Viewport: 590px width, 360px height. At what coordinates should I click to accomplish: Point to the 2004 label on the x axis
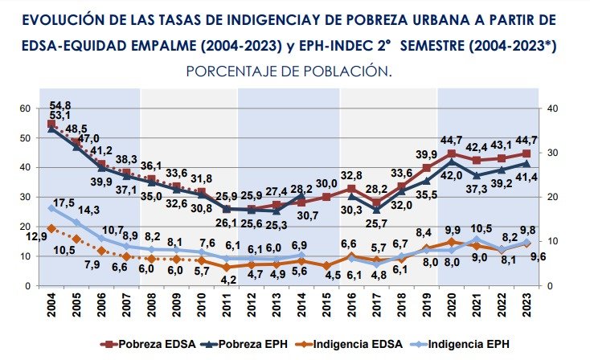coord(52,308)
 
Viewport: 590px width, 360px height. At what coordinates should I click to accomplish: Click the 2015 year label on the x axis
coord(326,308)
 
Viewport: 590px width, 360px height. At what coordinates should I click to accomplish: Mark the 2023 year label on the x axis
coord(526,308)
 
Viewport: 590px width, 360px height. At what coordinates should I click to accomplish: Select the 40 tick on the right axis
coord(552,108)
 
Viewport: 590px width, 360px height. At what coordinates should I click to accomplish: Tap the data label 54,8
coord(60,105)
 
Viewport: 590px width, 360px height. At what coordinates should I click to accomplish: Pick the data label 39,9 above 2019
coord(427,154)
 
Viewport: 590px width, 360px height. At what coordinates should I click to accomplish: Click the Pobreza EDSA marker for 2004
coord(52,125)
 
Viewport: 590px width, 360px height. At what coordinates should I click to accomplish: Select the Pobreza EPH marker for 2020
coord(452,162)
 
